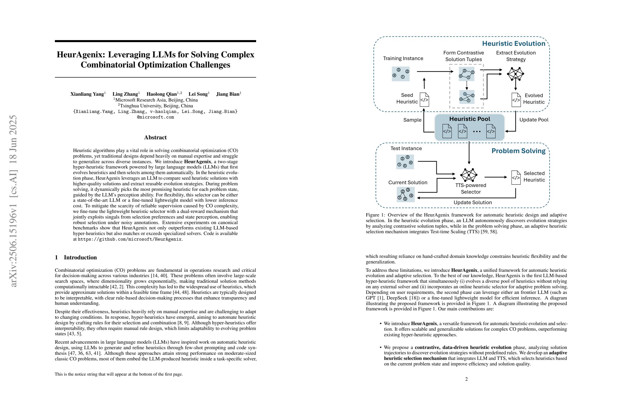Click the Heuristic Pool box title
pyautogui.click(x=470, y=119)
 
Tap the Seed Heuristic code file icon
pyautogui.click(x=424, y=99)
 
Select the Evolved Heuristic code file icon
pyautogui.click(x=516, y=100)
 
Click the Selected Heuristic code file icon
pyautogui.click(x=516, y=177)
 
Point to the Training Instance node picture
pyautogui.click(x=400, y=74)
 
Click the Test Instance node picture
pyautogui.click(x=405, y=162)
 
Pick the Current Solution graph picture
pyautogui.click(x=405, y=194)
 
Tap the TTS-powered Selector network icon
pyautogui.click(x=469, y=175)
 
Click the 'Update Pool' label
pyautogui.click(x=534, y=120)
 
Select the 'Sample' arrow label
pyautogui.click(x=412, y=120)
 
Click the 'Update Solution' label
pyautogui.click(x=473, y=203)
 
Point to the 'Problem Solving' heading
pyautogui.click(x=518, y=151)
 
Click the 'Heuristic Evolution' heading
pyautogui.click(x=514, y=44)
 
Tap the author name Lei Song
pyautogui.click(x=198, y=94)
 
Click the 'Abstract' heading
pyautogui.click(x=155, y=138)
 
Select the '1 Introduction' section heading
pyautogui.click(x=76, y=257)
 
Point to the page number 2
pyautogui.click(x=466, y=379)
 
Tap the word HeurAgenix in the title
pyautogui.click(x=80, y=55)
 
